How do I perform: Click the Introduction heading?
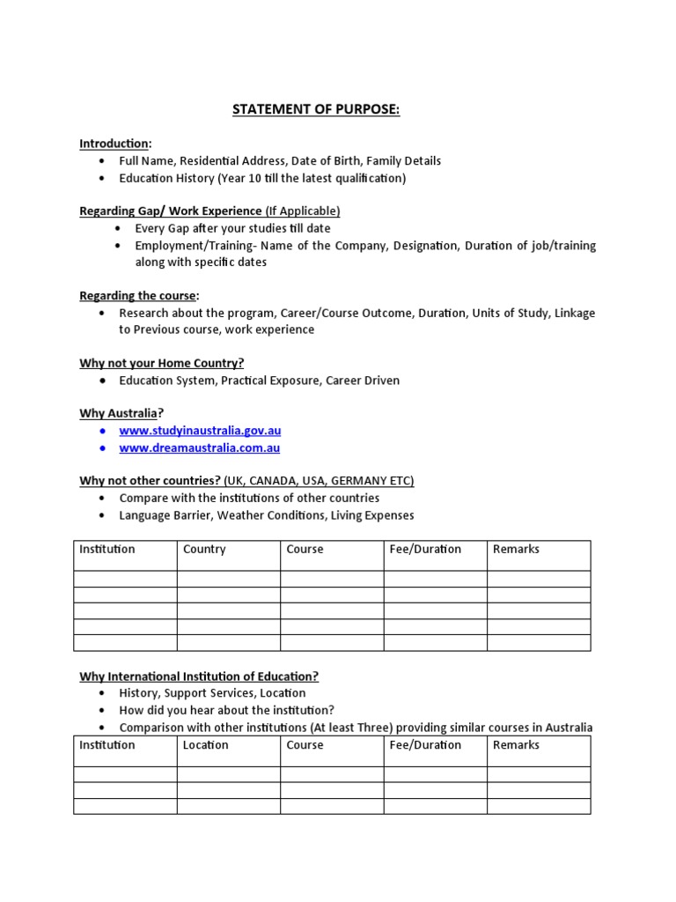coord(114,144)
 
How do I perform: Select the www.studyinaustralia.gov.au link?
coord(200,431)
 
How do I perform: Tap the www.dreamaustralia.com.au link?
coord(200,447)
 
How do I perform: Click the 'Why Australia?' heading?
coord(121,413)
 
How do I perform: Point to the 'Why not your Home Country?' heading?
coord(162,363)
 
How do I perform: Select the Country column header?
coord(204,549)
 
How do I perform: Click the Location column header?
coord(205,744)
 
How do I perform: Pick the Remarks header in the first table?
coord(516,549)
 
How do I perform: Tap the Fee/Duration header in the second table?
coord(425,744)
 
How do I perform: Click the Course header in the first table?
coord(305,549)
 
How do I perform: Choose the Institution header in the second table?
coord(107,744)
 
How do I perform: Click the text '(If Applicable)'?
coord(303,211)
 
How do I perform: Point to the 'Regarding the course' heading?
coord(138,296)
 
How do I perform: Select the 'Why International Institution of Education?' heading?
coord(199,676)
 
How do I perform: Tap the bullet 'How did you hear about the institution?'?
coord(226,710)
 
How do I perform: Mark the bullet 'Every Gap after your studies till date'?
coord(232,228)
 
